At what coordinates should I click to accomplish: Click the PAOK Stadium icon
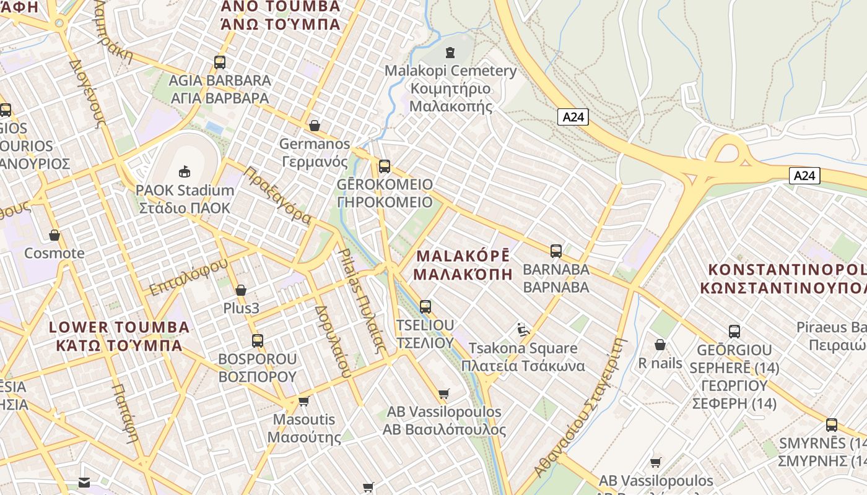[184, 171]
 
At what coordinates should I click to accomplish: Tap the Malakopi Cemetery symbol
[450, 53]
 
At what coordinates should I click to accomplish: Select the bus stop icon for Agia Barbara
[220, 62]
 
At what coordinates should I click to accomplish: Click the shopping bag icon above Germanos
[315, 126]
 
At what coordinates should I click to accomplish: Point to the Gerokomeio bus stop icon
[385, 166]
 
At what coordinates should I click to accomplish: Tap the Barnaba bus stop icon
[556, 251]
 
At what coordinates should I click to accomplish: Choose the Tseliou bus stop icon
[425, 306]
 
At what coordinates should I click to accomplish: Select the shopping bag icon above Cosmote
[54, 235]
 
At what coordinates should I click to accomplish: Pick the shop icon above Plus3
[241, 290]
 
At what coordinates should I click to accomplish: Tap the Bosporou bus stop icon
[258, 340]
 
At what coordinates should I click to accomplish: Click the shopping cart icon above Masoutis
[304, 402]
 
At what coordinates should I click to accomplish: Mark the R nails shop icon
[660, 345]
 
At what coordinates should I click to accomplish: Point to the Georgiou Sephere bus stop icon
[734, 331]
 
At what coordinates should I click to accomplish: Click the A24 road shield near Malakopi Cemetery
[572, 117]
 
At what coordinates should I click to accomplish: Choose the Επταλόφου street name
[188, 277]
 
